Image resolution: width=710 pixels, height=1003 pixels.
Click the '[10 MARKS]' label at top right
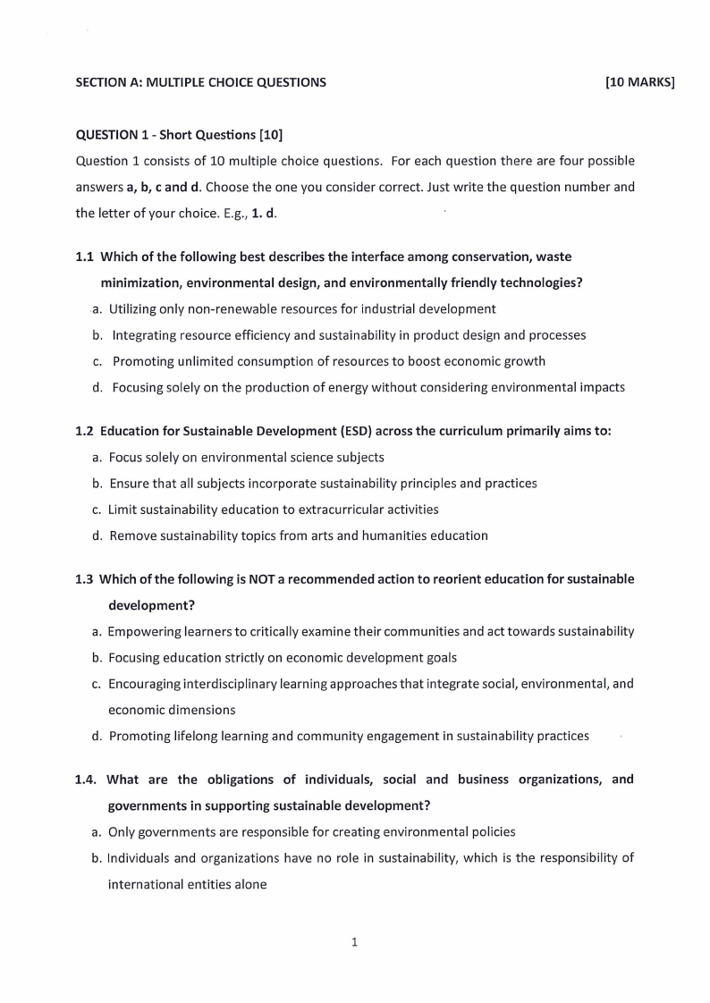click(639, 83)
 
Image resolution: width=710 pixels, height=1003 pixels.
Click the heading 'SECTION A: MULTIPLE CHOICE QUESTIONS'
click(201, 83)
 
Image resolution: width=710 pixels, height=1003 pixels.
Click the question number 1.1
click(85, 257)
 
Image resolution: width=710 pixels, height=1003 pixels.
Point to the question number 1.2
click(85, 431)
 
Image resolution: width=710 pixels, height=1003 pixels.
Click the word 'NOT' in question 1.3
click(263, 579)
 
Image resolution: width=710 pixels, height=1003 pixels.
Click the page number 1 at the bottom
click(355, 941)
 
